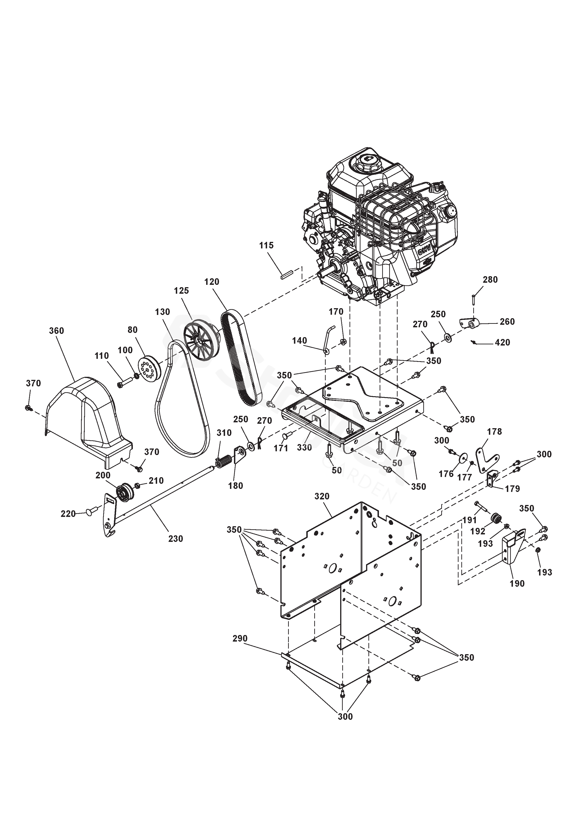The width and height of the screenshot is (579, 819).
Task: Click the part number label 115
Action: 266,245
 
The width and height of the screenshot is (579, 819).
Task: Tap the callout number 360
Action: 56,331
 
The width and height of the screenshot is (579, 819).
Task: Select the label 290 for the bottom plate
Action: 240,638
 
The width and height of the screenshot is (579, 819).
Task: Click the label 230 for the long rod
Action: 176,538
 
